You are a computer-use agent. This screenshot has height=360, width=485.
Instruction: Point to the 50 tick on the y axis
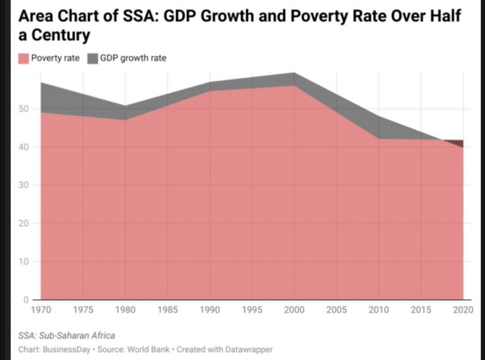click(x=23, y=109)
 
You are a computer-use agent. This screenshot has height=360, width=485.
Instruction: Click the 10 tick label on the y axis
click(x=23, y=261)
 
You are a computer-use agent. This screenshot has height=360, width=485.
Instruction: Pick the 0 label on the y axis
click(x=26, y=299)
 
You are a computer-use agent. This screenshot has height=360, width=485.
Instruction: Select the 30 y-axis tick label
click(x=23, y=185)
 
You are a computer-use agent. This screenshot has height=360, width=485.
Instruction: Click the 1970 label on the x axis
click(x=41, y=310)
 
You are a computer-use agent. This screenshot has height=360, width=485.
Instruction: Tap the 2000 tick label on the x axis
click(x=294, y=310)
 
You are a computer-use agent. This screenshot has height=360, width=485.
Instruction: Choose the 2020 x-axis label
click(x=462, y=310)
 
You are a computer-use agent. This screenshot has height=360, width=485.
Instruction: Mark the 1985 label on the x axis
click(x=167, y=310)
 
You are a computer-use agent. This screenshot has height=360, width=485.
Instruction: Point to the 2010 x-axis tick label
click(x=378, y=310)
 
